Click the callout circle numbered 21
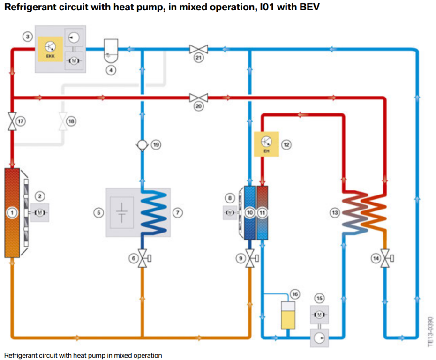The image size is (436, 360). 198,58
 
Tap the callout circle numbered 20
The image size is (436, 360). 198,107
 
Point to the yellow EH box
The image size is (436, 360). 266,143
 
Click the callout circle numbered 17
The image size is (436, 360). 21,120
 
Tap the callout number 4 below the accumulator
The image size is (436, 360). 111,71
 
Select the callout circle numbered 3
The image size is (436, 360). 28,37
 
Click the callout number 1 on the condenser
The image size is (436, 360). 13,213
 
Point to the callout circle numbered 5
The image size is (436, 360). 98,213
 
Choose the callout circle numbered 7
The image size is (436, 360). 177,213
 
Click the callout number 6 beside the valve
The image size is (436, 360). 133,257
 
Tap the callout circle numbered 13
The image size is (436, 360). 334,213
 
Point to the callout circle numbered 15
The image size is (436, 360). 319,298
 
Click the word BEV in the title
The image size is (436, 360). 309,8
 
